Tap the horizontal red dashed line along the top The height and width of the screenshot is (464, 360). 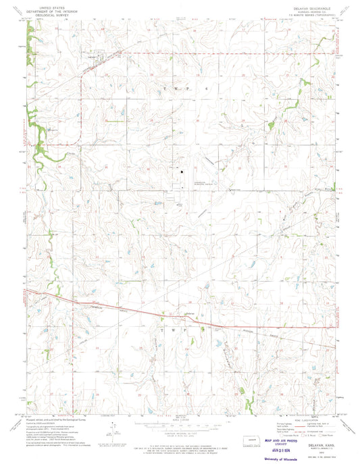click(x=203, y=52)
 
